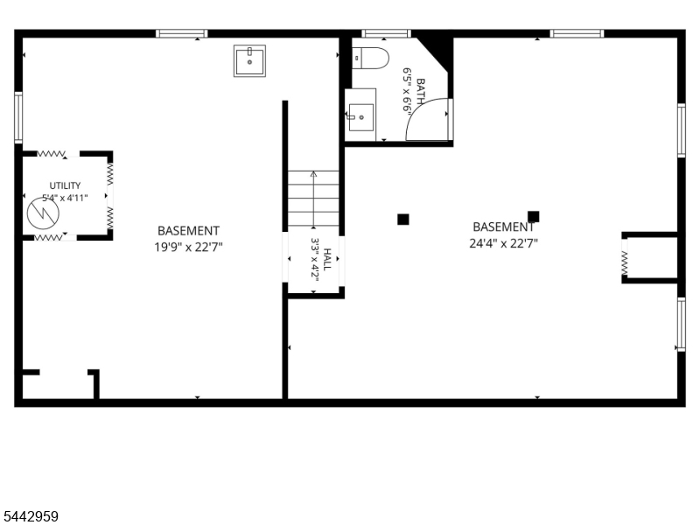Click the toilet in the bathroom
(x=370, y=58)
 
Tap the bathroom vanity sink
(x=360, y=117)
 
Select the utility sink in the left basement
(x=249, y=60)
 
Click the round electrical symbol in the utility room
(x=43, y=213)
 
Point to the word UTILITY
(x=65, y=185)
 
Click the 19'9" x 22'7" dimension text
(x=188, y=247)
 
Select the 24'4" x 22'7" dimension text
(x=504, y=243)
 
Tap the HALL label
(x=326, y=259)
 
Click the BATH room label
(x=420, y=92)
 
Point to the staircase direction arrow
(x=313, y=199)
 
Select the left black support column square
(x=403, y=220)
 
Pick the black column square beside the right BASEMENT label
(x=533, y=216)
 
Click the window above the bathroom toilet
(x=386, y=33)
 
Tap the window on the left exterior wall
(x=18, y=117)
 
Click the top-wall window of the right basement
(x=577, y=33)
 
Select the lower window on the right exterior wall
(x=682, y=324)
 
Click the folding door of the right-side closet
(x=625, y=263)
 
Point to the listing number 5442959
(x=30, y=516)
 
